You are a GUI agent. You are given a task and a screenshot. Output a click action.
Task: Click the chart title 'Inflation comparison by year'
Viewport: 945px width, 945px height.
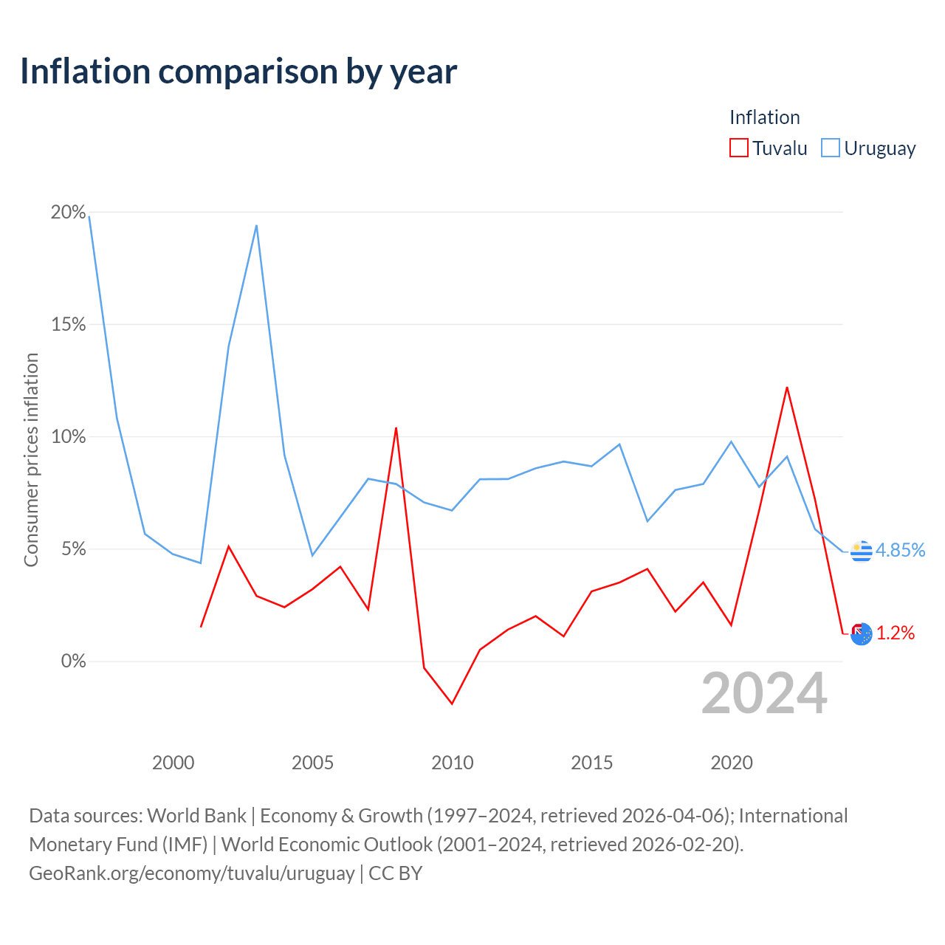238,72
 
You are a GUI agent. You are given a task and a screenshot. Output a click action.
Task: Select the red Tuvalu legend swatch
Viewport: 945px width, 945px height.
738,148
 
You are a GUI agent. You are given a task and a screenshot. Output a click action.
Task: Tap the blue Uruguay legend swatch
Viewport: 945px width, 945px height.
831,148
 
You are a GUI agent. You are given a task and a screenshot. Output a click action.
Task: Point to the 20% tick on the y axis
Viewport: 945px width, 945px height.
68,212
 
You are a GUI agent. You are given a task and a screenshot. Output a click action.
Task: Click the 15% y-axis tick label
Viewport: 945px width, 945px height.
68,324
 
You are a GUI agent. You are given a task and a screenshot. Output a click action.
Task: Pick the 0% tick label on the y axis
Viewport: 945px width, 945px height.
74,661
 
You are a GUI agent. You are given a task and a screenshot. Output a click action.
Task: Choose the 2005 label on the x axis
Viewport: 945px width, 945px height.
312,763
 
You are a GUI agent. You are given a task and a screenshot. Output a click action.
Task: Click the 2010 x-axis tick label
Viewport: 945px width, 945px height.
452,763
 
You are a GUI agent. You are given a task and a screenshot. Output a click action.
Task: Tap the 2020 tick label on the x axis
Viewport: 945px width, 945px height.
731,763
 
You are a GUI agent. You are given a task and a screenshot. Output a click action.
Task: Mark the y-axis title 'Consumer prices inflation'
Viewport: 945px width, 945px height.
31,460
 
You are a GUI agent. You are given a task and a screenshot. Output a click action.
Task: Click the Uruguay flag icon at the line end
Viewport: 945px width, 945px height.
861,551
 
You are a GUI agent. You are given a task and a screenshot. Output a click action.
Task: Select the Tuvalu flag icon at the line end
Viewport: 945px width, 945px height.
861,634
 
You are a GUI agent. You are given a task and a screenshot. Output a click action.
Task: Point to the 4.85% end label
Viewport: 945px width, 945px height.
900,550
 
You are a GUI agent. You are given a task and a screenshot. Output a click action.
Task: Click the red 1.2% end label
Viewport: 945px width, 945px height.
895,633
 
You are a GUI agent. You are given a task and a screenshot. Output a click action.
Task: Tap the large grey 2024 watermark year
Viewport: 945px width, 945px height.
764,693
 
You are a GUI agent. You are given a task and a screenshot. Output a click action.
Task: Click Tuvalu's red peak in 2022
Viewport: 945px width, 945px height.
786,388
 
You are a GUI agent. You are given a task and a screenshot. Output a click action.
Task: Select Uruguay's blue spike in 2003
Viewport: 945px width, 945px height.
256,226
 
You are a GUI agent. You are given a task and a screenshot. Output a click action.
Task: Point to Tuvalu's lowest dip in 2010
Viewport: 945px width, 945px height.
452,704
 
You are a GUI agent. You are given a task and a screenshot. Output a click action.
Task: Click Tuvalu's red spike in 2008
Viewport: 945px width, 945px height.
396,428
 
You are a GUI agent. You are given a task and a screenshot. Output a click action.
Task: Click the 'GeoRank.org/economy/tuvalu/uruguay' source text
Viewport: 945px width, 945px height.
192,873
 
